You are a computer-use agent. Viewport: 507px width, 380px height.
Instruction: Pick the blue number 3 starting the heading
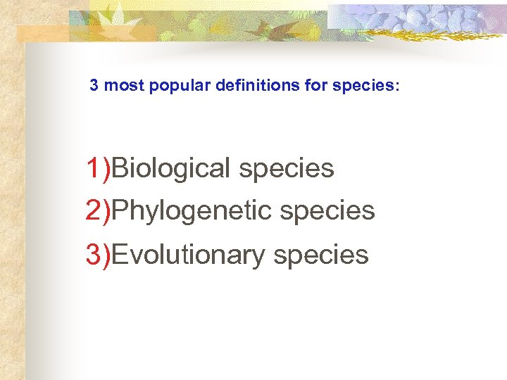pyautogui.click(x=94, y=86)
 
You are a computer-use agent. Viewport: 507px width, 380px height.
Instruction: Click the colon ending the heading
pyautogui.click(x=397, y=87)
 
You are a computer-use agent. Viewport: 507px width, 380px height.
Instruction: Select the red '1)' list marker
pyautogui.click(x=98, y=169)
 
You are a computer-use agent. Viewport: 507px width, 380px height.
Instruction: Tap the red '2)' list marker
pyautogui.click(x=98, y=210)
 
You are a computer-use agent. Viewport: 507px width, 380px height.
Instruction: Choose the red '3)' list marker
pyautogui.click(x=98, y=254)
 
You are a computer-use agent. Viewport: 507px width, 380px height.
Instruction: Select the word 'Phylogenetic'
pyautogui.click(x=192, y=210)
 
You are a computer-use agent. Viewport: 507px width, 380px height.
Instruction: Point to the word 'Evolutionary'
pyautogui.click(x=189, y=254)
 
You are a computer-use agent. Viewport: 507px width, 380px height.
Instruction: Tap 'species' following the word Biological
pyautogui.click(x=287, y=169)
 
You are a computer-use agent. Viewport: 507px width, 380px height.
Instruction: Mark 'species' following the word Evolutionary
pyautogui.click(x=321, y=254)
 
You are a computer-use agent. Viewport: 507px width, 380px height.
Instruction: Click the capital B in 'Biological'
pyautogui.click(x=120, y=169)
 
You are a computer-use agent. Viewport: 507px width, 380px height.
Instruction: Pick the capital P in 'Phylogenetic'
pyautogui.click(x=120, y=210)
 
